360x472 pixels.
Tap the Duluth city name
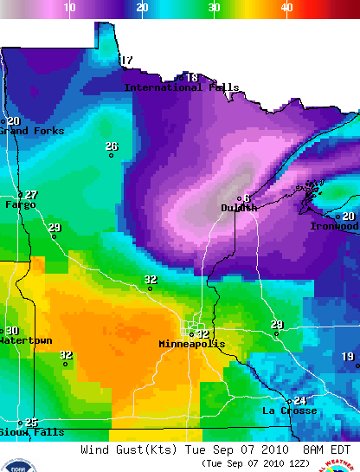click(x=239, y=208)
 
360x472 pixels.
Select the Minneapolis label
click(x=191, y=344)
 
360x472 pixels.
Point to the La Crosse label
click(x=289, y=411)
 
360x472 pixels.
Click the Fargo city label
click(x=21, y=205)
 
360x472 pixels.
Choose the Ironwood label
click(x=335, y=226)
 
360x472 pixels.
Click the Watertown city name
click(x=25, y=340)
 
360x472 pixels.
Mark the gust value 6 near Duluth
click(x=247, y=198)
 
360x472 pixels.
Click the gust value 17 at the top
click(x=126, y=61)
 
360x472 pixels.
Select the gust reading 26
click(x=111, y=146)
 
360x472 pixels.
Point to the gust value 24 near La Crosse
click(x=299, y=400)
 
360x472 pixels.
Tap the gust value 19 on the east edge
click(x=348, y=357)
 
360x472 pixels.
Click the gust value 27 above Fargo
click(x=31, y=195)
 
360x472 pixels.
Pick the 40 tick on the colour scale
click(x=286, y=7)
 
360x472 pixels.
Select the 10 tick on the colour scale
click(x=70, y=7)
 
